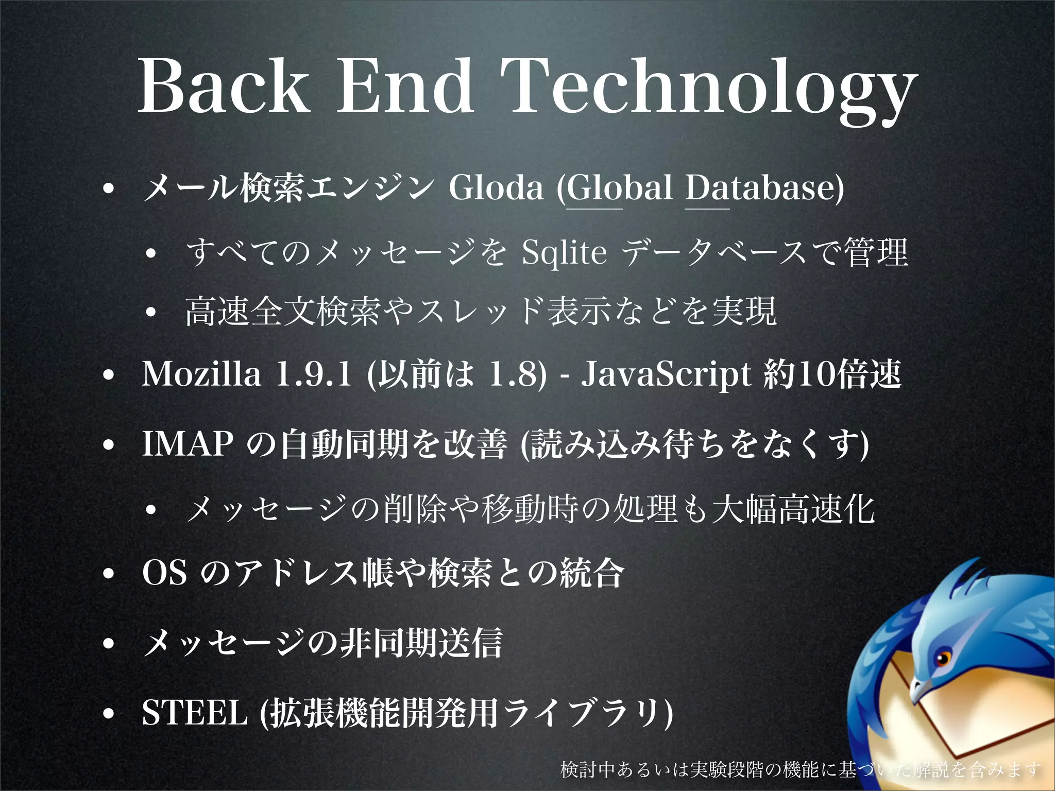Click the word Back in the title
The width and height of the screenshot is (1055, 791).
click(x=224, y=85)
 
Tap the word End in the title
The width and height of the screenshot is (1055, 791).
click(x=405, y=85)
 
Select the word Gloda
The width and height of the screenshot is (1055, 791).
click(x=496, y=187)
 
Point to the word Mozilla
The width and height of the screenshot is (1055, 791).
click(x=201, y=374)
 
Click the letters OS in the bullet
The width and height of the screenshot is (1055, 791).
click(x=164, y=572)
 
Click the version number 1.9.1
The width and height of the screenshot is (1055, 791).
click(x=314, y=374)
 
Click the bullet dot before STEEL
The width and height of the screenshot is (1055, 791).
click(x=108, y=714)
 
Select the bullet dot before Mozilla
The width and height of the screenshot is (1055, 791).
click(x=108, y=375)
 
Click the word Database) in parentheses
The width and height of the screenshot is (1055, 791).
click(x=764, y=187)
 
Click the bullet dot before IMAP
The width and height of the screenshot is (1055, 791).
click(x=108, y=444)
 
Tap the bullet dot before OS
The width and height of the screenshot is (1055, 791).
click(x=108, y=573)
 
